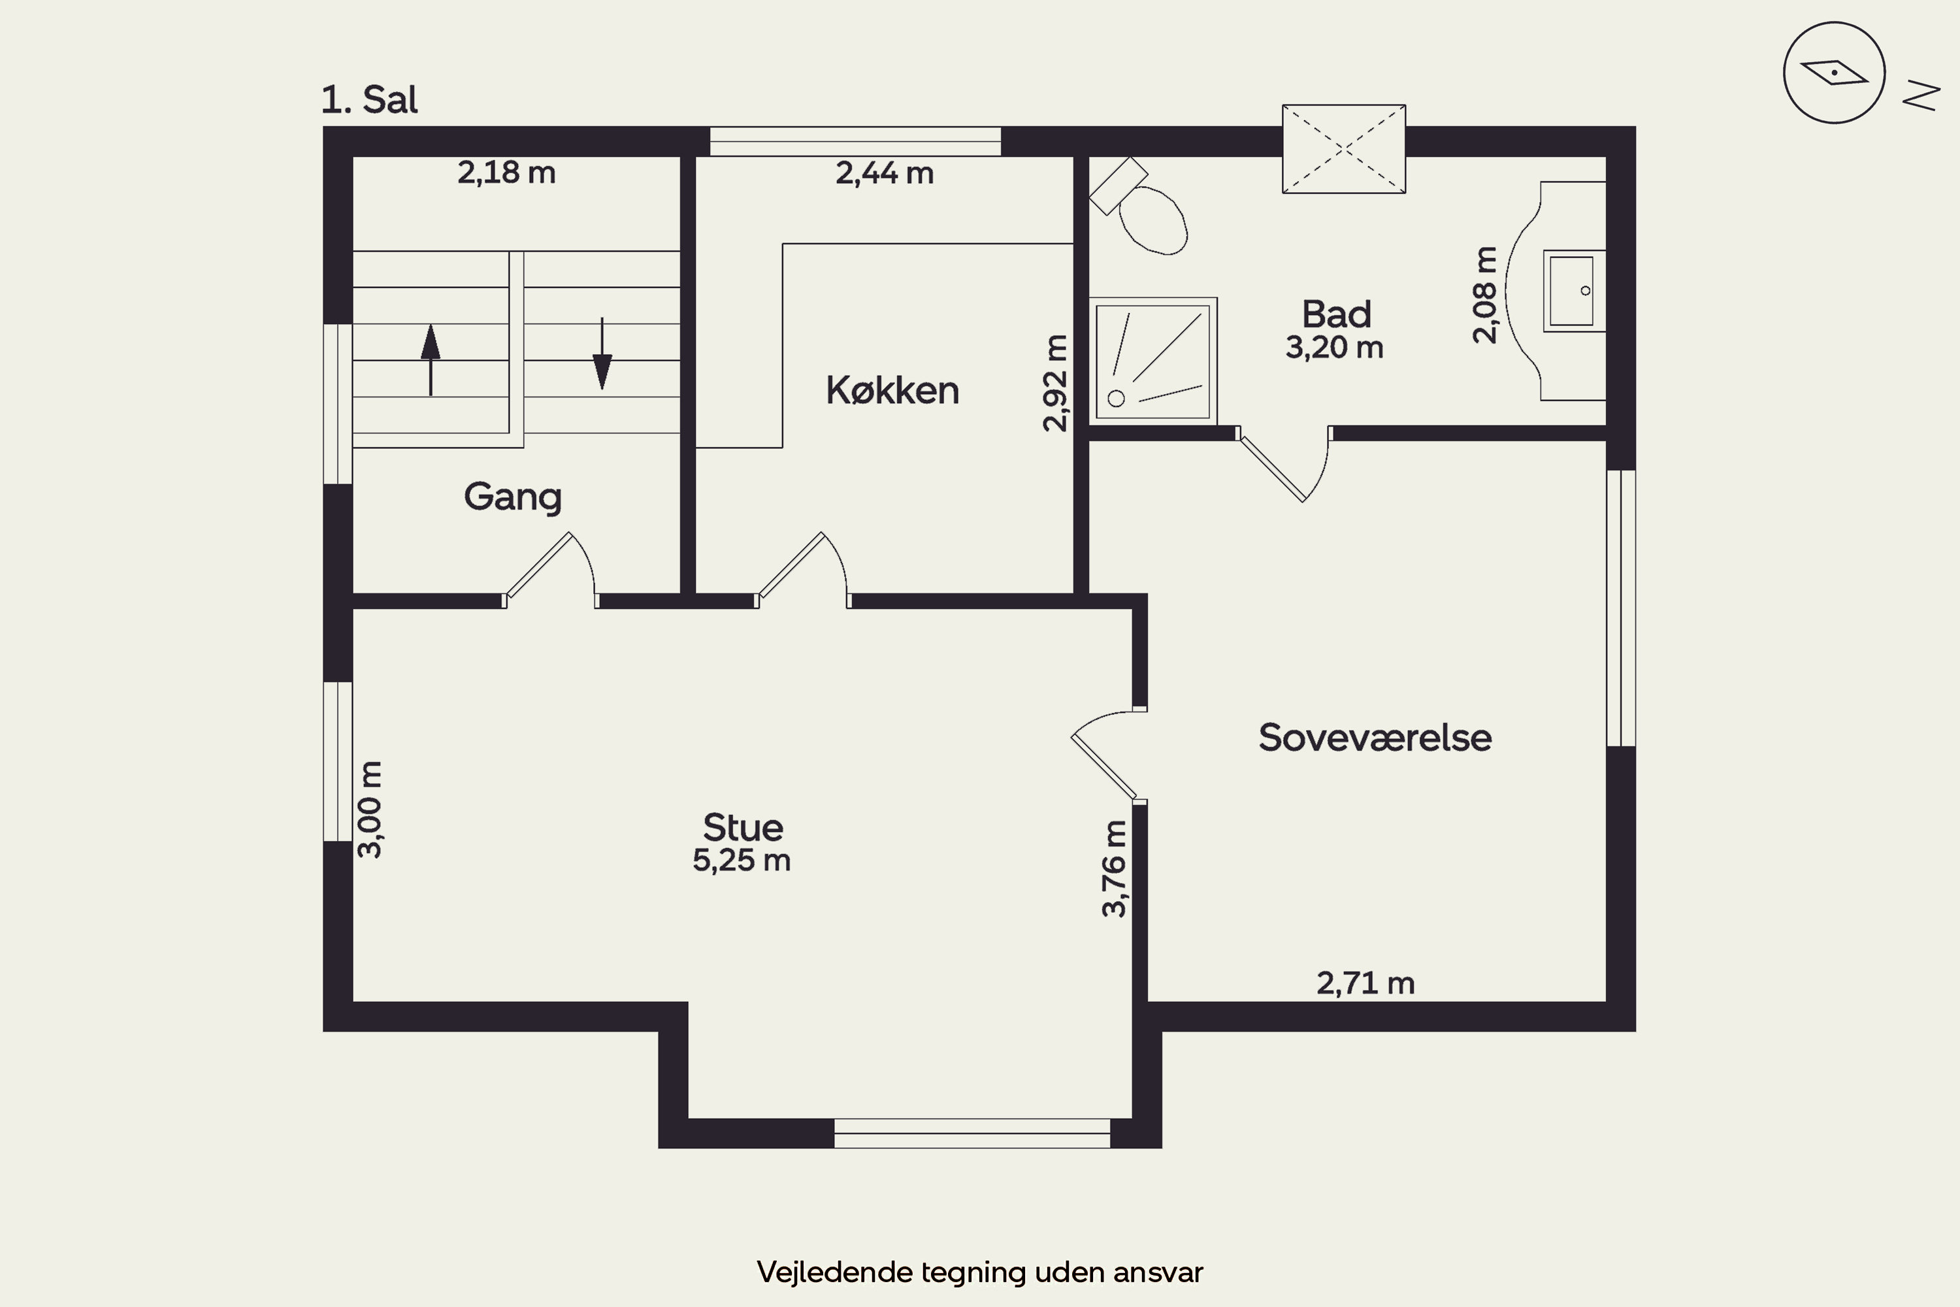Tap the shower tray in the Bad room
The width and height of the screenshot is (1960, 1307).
[x=1152, y=361]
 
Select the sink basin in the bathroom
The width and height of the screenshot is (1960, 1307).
[x=1573, y=291]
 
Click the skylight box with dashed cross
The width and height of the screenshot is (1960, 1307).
[x=1344, y=149]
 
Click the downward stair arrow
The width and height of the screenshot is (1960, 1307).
[x=602, y=354]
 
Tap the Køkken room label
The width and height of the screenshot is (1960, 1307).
[x=892, y=390]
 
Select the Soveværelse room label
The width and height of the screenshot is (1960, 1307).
[x=1375, y=738]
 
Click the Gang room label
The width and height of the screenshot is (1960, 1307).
[x=512, y=497]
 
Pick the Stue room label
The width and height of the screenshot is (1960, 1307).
[x=742, y=828]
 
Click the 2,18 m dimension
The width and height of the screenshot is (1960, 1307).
[x=507, y=173]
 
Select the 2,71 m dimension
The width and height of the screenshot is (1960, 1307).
[x=1366, y=984]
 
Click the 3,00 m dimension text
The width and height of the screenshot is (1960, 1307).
[x=369, y=810]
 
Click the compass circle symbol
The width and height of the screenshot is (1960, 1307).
[x=1834, y=73]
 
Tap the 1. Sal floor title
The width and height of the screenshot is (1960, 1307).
[x=369, y=100]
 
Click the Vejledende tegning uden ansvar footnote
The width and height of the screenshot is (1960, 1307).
[x=980, y=1272]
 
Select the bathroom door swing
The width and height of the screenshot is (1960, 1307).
[x=1283, y=465]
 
